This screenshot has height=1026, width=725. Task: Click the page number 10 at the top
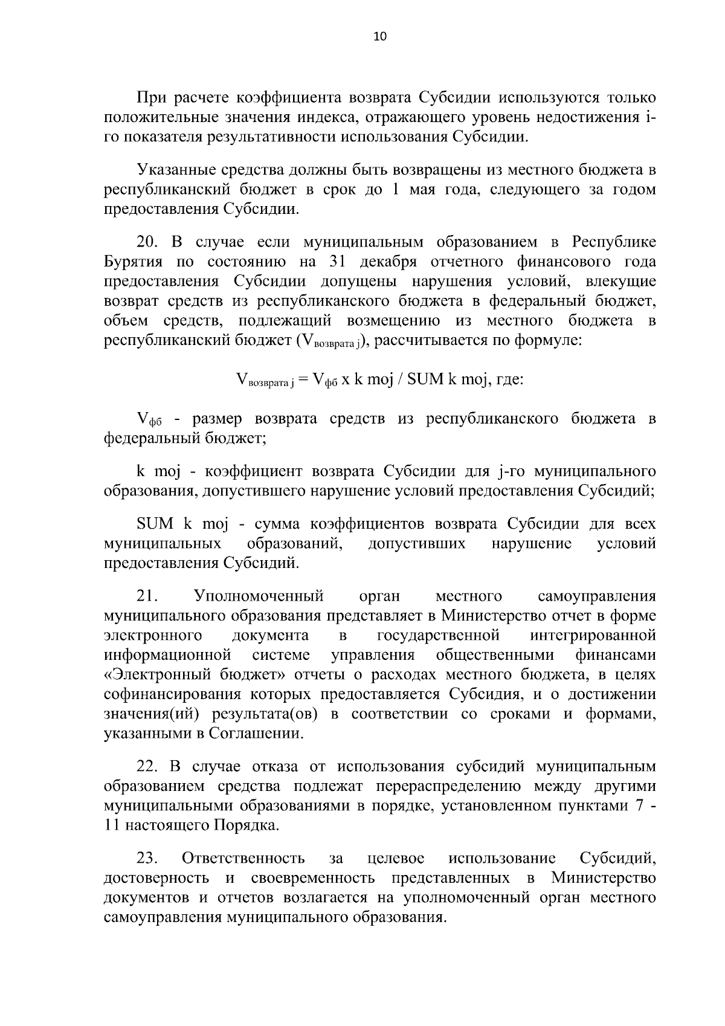pyautogui.click(x=380, y=37)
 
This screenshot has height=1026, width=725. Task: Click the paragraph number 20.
pyautogui.click(x=149, y=243)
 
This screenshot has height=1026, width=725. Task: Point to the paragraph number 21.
pyautogui.click(x=148, y=597)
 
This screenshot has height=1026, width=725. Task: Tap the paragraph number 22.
pyautogui.click(x=148, y=767)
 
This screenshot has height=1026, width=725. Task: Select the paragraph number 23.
pyautogui.click(x=148, y=859)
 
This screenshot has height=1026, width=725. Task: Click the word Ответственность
pyautogui.click(x=243, y=859)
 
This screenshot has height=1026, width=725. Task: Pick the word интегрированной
pyautogui.click(x=593, y=636)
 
